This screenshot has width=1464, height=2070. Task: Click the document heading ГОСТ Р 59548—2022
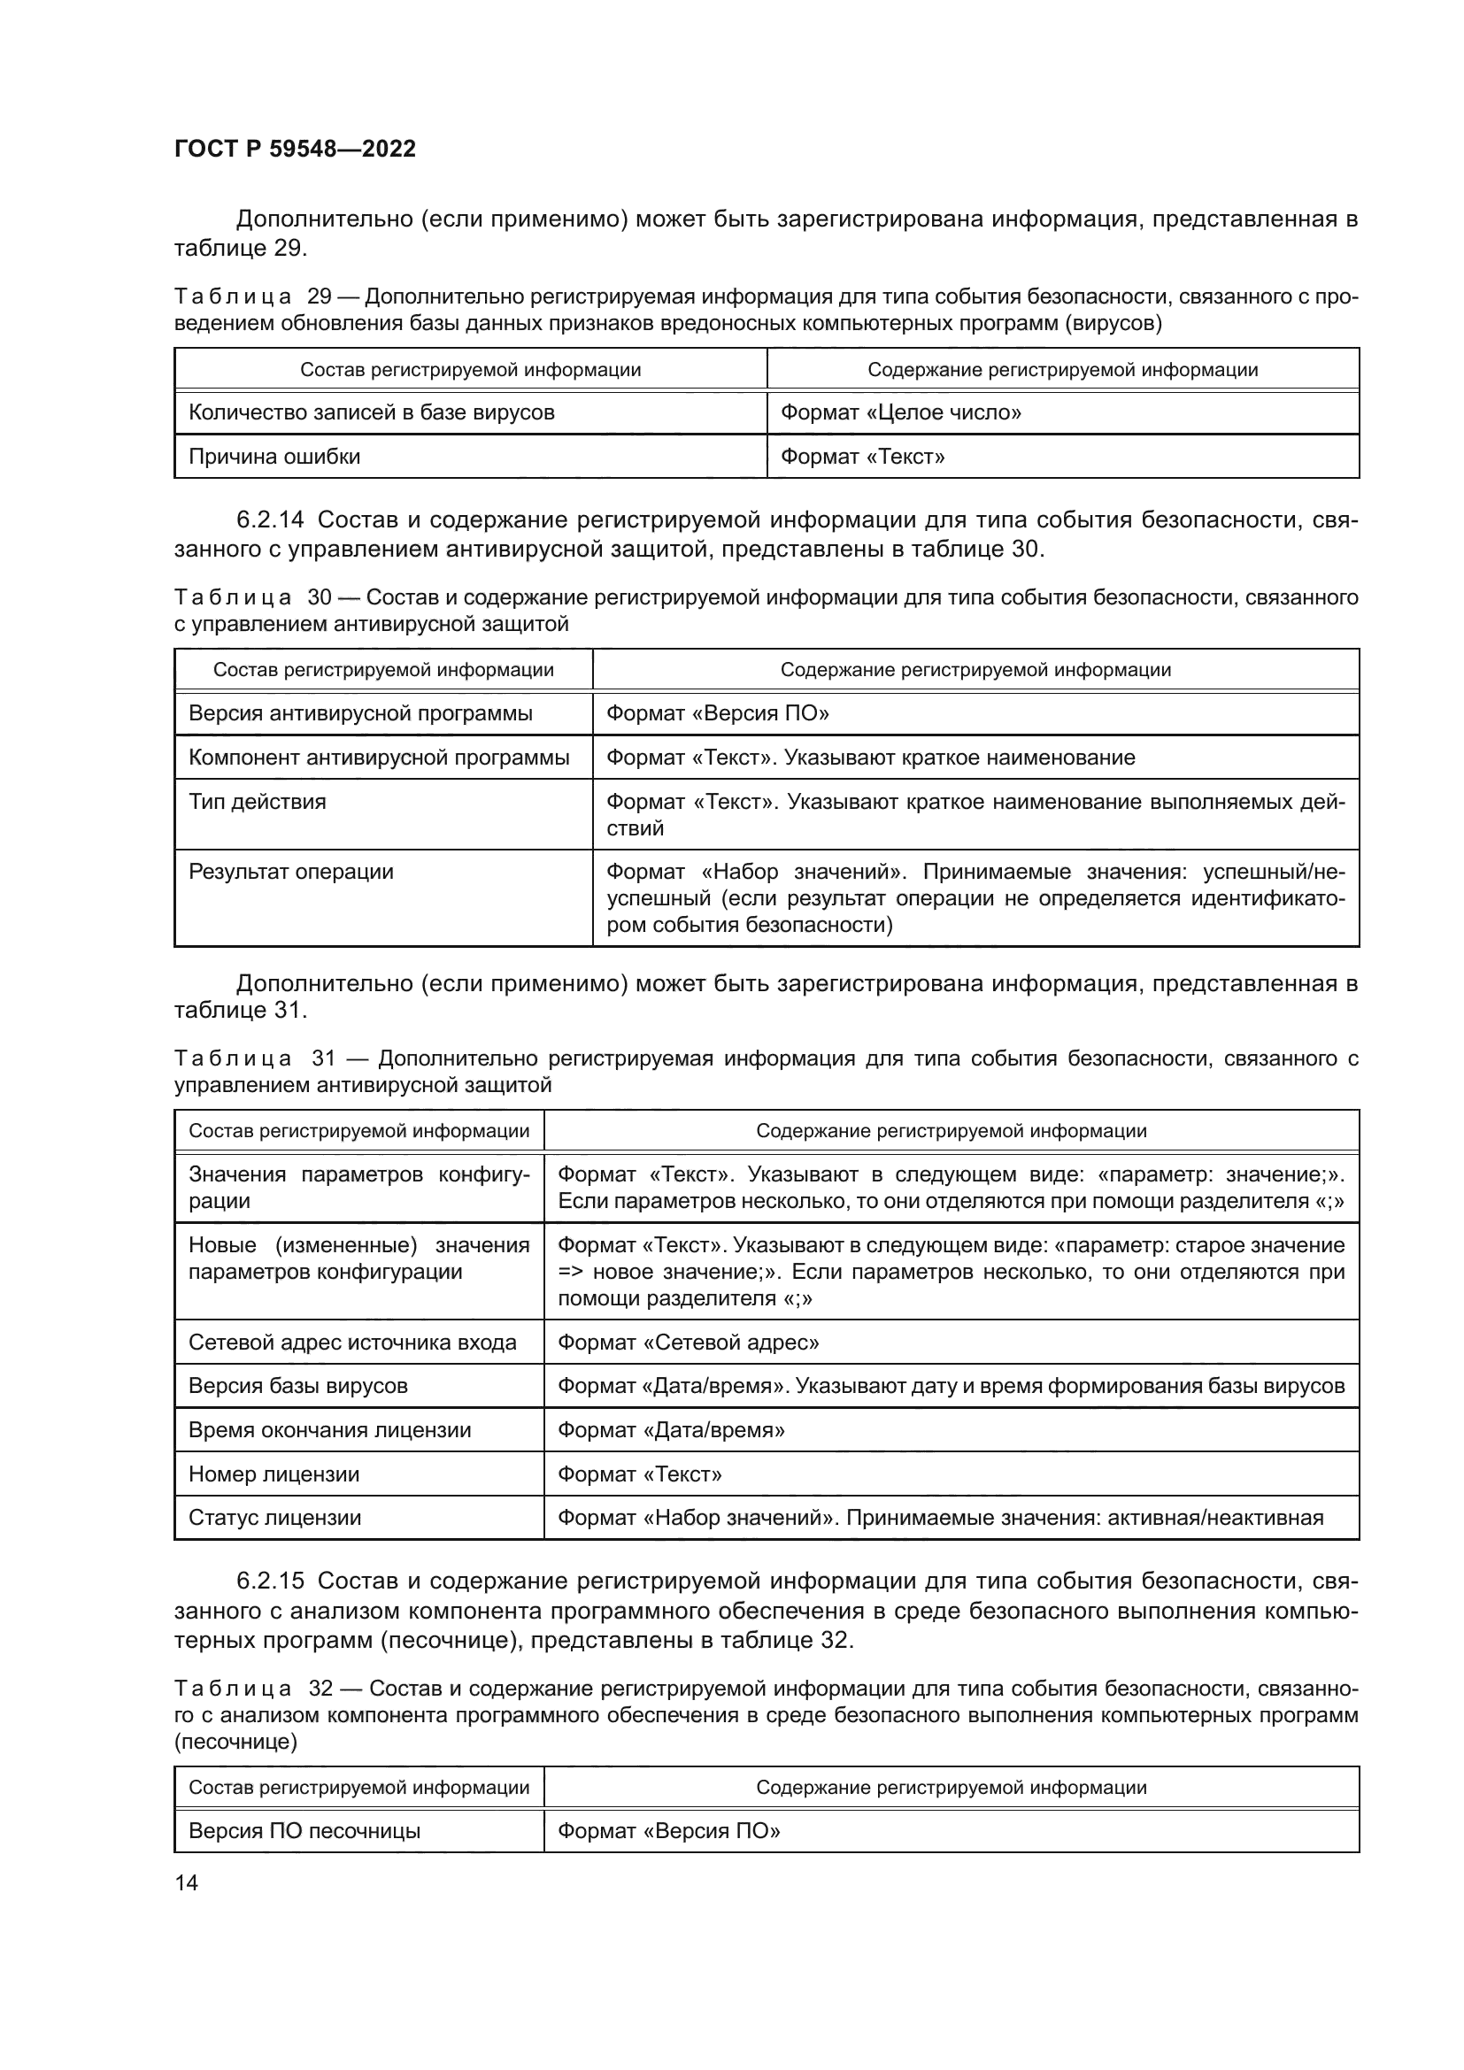click(x=295, y=149)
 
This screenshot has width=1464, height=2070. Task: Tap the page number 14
click(x=187, y=1882)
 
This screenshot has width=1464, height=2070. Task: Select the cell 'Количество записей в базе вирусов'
click(x=372, y=413)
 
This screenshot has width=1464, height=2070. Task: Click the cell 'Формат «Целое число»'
click(x=900, y=413)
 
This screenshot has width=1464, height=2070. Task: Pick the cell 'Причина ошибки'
click(x=274, y=457)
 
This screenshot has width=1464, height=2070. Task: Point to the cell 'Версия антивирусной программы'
click(x=360, y=714)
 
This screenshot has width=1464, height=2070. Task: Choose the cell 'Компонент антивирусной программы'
click(x=379, y=758)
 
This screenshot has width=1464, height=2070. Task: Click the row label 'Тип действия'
click(x=257, y=802)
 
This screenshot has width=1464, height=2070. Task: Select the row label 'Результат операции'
click(x=291, y=872)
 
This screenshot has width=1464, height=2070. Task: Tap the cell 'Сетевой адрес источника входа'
click(x=352, y=1343)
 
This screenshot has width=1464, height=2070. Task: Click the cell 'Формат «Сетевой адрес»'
click(x=688, y=1343)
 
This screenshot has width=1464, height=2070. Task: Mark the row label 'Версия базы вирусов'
click(x=298, y=1386)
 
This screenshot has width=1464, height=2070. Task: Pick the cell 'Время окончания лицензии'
click(x=330, y=1430)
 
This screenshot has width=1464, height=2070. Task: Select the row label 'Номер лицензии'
click(x=274, y=1474)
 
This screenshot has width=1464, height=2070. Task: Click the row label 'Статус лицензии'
click(x=275, y=1518)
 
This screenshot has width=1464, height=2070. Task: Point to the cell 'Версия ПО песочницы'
click(x=304, y=1831)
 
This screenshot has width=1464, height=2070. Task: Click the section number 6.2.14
click(x=271, y=520)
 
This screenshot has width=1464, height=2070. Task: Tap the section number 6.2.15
click(x=271, y=1581)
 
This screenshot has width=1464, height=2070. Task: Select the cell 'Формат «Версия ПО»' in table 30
click(x=718, y=714)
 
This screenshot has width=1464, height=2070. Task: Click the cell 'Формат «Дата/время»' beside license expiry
click(x=671, y=1430)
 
